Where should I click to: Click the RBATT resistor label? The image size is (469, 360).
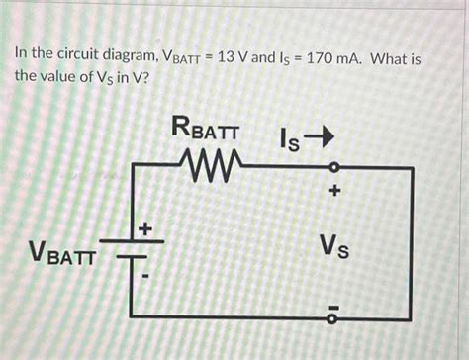click(211, 128)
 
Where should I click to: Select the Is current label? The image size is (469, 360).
click(288, 140)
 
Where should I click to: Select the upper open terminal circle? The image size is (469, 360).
click(333, 166)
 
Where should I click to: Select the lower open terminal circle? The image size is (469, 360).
click(333, 317)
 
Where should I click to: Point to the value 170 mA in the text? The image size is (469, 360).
click(336, 60)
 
